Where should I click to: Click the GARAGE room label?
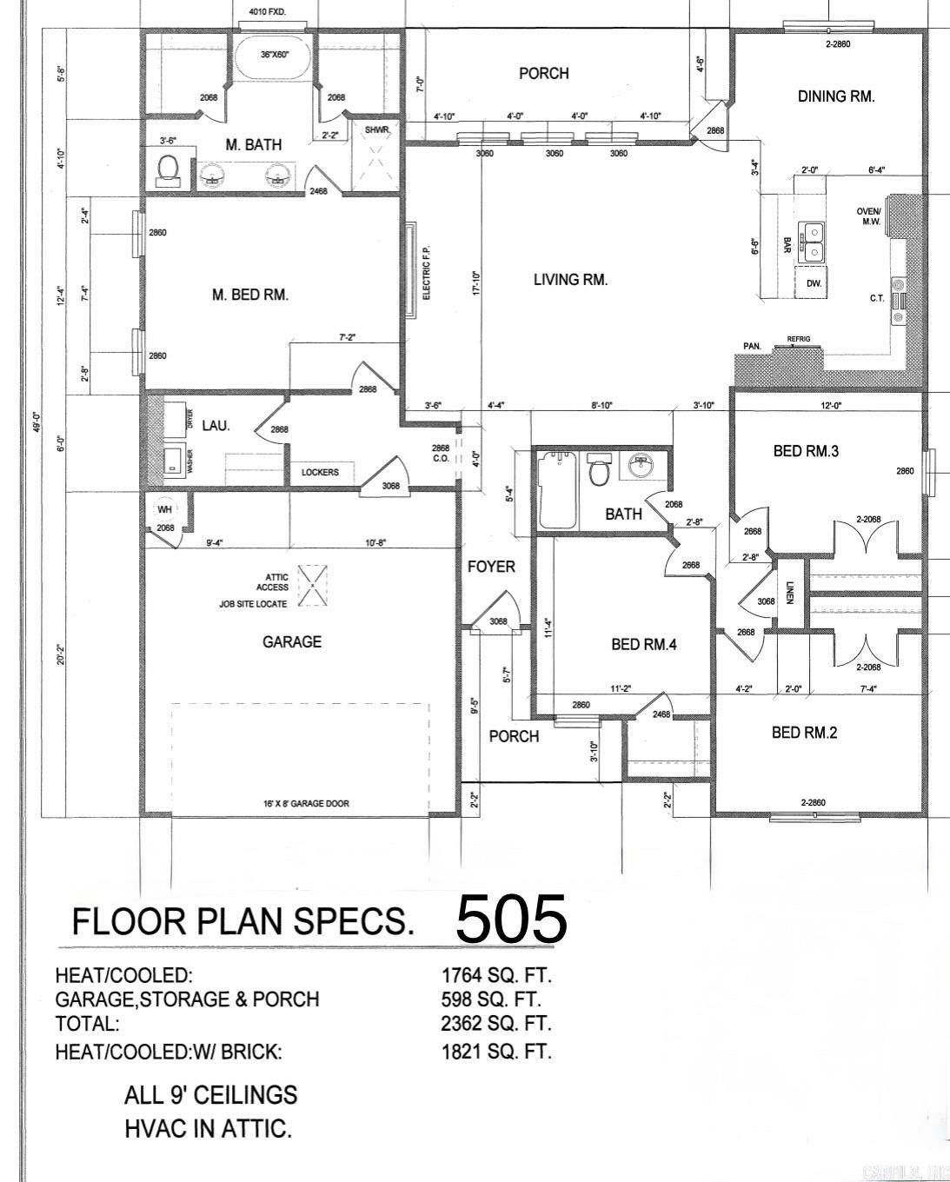click(292, 642)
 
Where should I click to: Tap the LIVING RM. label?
click(570, 280)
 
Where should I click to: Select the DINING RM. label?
click(836, 96)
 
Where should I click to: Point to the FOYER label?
click(491, 567)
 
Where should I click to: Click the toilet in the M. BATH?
click(166, 169)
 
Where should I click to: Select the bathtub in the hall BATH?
click(557, 490)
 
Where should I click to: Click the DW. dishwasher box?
click(814, 283)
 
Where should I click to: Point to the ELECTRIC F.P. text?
click(427, 271)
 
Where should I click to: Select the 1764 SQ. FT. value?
click(496, 975)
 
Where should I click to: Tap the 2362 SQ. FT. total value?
click(496, 1024)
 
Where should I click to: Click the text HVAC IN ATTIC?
click(208, 1129)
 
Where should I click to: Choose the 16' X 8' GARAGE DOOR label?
click(306, 804)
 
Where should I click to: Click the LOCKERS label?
click(320, 473)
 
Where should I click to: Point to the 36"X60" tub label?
click(274, 54)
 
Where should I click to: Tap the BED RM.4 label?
click(643, 645)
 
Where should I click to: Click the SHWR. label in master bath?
click(377, 129)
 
